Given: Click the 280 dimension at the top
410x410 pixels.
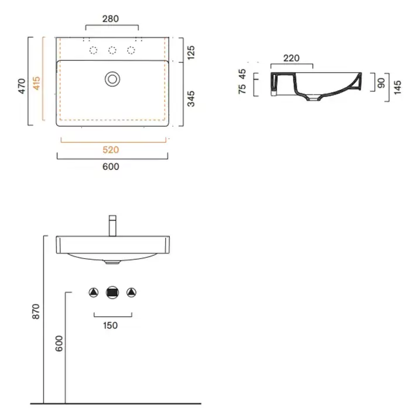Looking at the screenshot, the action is (110, 19).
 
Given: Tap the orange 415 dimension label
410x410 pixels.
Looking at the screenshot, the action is (36, 83).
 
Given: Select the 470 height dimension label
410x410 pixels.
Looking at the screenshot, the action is (22, 86).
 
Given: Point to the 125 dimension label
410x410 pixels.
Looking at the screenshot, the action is (191, 52).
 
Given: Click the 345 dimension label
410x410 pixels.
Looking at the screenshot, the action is (191, 99).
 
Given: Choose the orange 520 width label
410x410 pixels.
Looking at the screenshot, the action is (111, 150).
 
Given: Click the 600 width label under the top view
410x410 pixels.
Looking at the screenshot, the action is (111, 166).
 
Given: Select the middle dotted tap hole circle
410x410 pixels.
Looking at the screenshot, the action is (112, 50).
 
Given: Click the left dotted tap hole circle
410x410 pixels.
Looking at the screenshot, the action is (93, 50).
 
